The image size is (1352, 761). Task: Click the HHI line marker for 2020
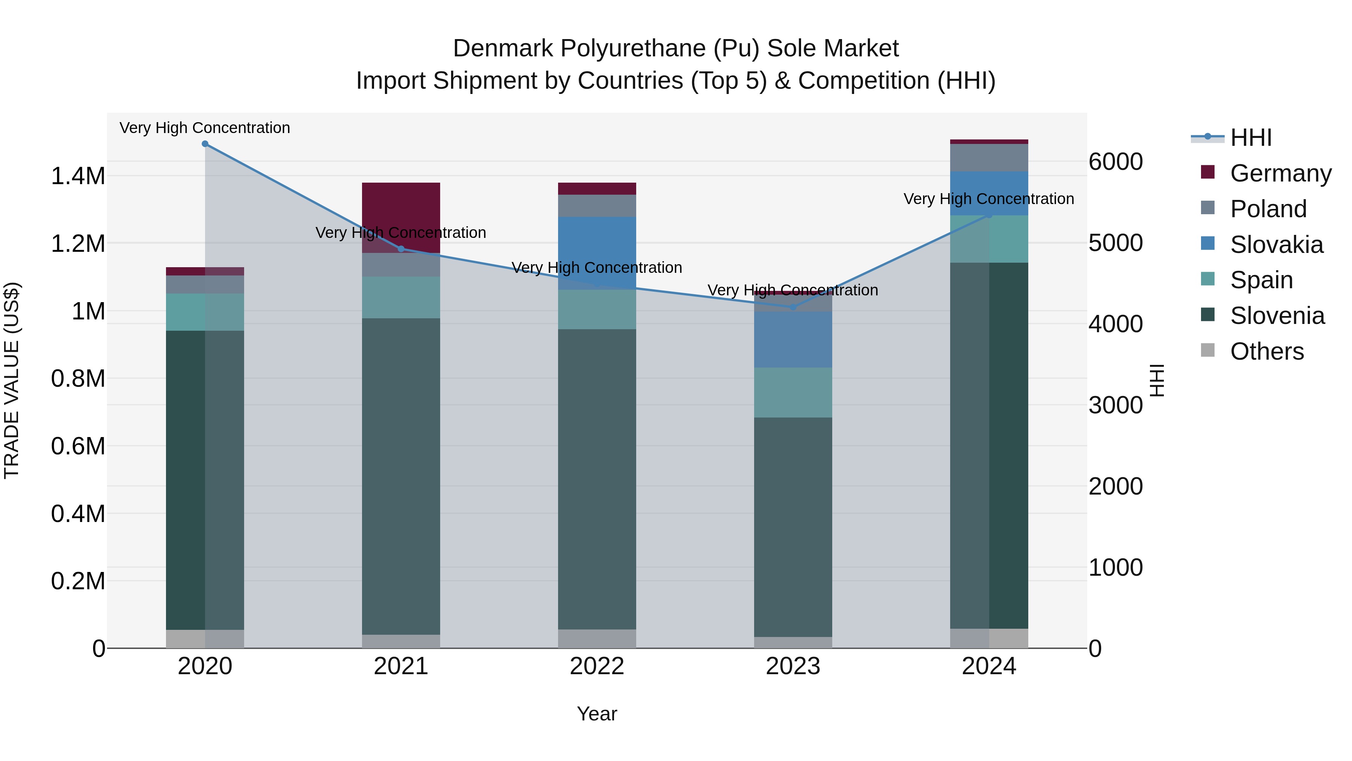[x=205, y=144]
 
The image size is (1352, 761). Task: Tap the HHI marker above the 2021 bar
[x=401, y=249]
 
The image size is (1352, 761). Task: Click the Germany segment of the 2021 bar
[x=401, y=210]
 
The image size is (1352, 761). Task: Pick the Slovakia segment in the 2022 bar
[x=597, y=252]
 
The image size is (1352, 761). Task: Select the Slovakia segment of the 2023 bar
[x=793, y=339]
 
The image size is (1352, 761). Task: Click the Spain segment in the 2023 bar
[x=793, y=392]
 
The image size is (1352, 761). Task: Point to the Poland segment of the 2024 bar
[x=989, y=157]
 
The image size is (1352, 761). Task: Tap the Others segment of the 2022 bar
[x=597, y=638]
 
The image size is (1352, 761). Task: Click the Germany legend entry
[x=1281, y=173]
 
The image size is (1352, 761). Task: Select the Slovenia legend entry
[x=1277, y=316]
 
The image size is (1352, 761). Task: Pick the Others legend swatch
[x=1208, y=350]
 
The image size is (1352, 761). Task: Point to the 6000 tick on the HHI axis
[x=1115, y=162]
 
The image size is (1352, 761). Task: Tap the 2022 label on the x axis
[x=597, y=666]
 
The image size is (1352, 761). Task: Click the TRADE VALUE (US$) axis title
[x=12, y=380]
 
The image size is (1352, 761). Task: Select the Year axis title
[x=597, y=714]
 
